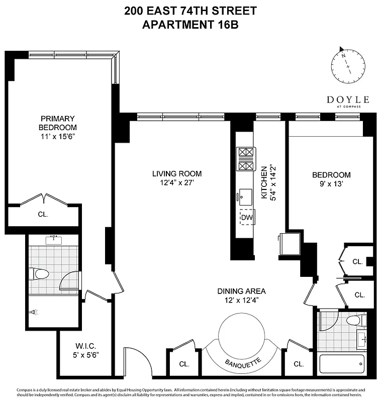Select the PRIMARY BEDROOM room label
pyautogui.click(x=59, y=123)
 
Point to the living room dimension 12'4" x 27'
pyautogui.click(x=173, y=183)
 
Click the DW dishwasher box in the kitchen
pyautogui.click(x=246, y=217)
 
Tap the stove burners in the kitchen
pyautogui.click(x=246, y=159)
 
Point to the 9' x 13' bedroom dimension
pyautogui.click(x=331, y=184)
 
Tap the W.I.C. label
pyautogui.click(x=86, y=346)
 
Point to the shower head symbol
pyautogui.click(x=34, y=312)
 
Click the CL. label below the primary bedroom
pyautogui.click(x=43, y=214)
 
